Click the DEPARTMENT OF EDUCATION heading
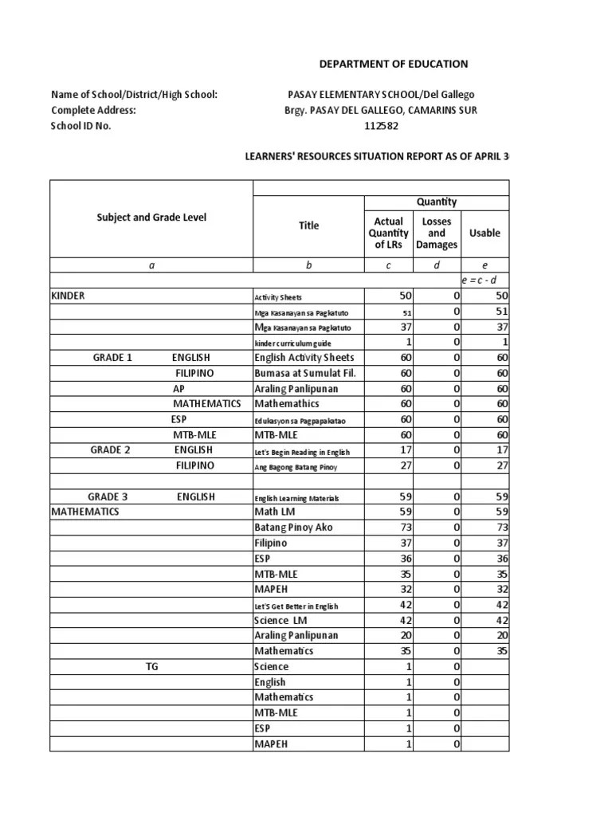click(394, 64)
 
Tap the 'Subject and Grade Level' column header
click(151, 218)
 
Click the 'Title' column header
click(308, 226)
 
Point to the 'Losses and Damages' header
click(436, 233)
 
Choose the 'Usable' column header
click(484, 233)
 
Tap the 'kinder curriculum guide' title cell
click(287, 343)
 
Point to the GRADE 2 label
click(110, 450)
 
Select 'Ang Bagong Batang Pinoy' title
click(291, 466)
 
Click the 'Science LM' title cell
click(280, 621)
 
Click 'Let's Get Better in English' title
click(296, 606)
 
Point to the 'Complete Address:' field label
click(93, 111)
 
